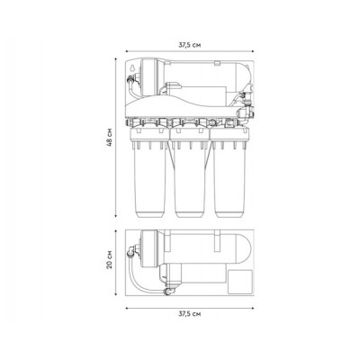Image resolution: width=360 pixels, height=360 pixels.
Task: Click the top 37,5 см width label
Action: pyautogui.click(x=190, y=45)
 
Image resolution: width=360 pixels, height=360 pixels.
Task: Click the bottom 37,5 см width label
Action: pyautogui.click(x=190, y=314)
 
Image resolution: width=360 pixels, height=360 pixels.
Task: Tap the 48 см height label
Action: pyautogui.click(x=110, y=138)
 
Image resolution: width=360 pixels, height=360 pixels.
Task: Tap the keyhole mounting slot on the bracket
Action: pyautogui.click(x=131, y=68)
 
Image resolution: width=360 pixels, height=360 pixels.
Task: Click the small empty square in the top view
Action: pyautogui.click(x=240, y=282)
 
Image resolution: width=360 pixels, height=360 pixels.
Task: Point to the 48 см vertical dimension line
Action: pyautogui.click(x=116, y=137)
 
